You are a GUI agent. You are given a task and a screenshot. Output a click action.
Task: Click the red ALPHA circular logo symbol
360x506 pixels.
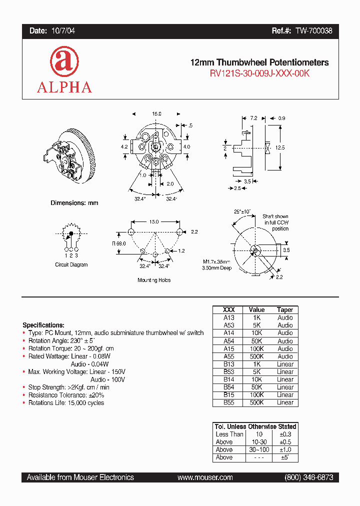click(x=64, y=62)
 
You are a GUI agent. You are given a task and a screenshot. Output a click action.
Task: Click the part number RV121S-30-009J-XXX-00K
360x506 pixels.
click(x=259, y=73)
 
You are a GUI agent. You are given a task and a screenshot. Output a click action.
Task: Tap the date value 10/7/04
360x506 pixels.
click(x=63, y=31)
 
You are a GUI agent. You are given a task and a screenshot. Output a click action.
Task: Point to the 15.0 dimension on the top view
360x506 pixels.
click(x=156, y=114)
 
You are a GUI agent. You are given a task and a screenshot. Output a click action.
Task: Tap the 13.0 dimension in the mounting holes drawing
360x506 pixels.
click(x=153, y=221)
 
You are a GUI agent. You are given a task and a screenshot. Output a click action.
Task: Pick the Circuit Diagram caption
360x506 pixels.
click(x=71, y=264)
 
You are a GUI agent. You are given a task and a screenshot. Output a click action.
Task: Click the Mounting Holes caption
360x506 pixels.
click(x=154, y=280)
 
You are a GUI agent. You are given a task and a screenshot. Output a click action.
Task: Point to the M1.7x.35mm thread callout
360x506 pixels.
click(x=216, y=261)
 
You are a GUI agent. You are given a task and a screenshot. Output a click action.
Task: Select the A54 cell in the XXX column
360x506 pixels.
click(x=228, y=340)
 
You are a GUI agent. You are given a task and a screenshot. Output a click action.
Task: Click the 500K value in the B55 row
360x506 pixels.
click(x=256, y=402)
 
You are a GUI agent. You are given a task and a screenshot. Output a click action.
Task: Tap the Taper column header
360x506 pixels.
click(x=285, y=310)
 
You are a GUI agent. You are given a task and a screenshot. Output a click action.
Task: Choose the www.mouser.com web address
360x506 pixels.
click(x=205, y=477)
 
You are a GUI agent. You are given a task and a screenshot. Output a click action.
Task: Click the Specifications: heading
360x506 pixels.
click(x=43, y=325)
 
